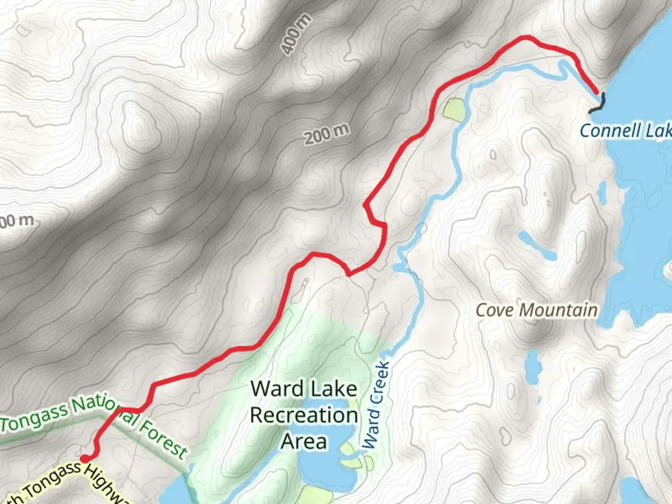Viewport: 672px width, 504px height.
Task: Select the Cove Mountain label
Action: (536, 310)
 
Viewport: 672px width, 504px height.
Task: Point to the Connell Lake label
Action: (625, 131)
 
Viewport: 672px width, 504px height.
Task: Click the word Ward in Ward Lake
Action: (277, 389)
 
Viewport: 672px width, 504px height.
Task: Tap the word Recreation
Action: (304, 415)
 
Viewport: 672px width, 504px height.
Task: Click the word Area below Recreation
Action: (304, 441)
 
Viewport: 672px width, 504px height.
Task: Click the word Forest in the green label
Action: (164, 438)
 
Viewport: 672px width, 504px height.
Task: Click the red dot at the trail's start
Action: (85, 459)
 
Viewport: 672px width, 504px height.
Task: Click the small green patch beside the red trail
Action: (454, 109)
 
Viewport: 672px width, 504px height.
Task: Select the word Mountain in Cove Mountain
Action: (558, 310)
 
